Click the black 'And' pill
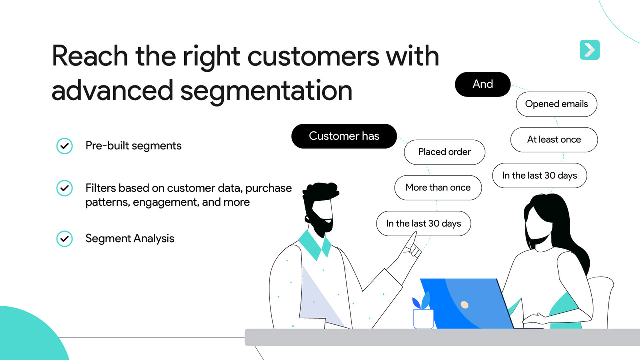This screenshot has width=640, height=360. (482, 84)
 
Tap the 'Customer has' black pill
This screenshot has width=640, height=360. (344, 136)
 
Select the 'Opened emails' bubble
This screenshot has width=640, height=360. (556, 104)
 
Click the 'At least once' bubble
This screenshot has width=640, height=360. (554, 140)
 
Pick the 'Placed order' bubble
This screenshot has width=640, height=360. (444, 152)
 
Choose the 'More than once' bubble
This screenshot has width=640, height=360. (438, 188)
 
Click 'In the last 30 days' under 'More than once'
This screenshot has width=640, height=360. (423, 223)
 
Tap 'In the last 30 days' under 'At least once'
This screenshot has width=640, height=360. (539, 175)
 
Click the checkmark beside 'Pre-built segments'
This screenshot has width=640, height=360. (64, 146)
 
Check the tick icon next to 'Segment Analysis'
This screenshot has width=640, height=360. (64, 239)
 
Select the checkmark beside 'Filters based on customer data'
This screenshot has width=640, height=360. (64, 188)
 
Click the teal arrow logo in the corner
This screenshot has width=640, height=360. (589, 50)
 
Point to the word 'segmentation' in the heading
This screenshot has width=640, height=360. (266, 90)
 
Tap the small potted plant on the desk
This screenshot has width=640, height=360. (423, 312)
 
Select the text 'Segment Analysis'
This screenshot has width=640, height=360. (130, 239)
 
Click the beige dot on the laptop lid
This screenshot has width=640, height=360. (464, 304)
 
